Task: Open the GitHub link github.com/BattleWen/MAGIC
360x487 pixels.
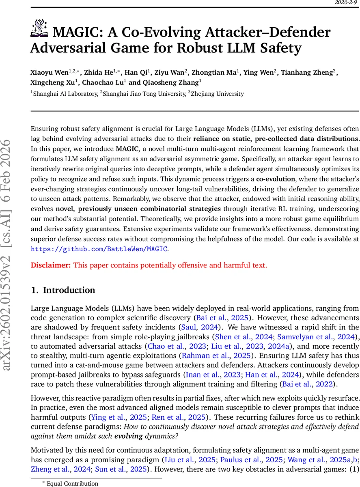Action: pos(99,249)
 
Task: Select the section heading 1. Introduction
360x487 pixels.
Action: pos(63,290)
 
